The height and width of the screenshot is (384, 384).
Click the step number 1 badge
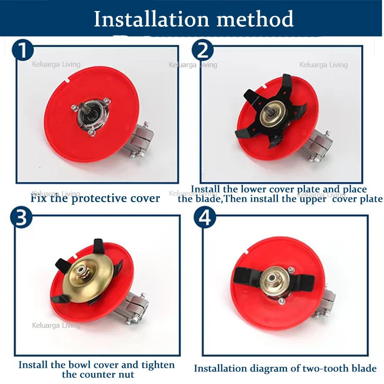coord(23,50)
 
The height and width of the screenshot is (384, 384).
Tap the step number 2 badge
coord(203,50)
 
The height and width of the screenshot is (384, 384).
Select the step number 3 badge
coord(21,217)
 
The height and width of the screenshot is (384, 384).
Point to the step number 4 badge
coord(205,217)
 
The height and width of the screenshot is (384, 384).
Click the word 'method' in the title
coord(255,19)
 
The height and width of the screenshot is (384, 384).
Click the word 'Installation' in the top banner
coord(151,19)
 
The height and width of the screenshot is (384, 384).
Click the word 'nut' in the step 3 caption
coord(128,375)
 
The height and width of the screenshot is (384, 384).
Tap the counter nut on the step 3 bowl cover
coord(81,270)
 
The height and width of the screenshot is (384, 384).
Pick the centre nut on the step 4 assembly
coord(272,278)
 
